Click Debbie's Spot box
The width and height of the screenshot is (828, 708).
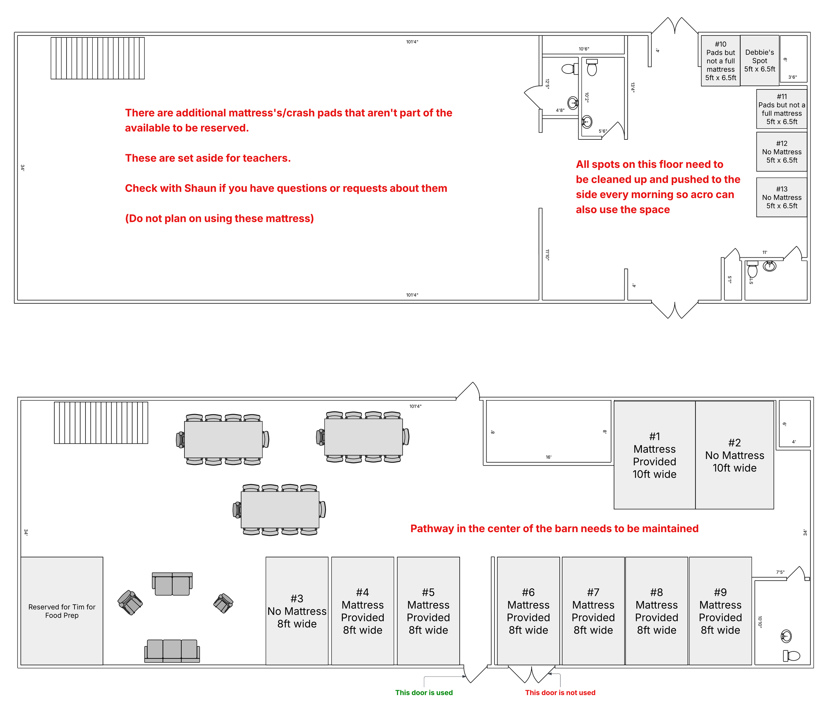point(759,60)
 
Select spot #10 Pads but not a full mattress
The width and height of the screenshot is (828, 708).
point(720,61)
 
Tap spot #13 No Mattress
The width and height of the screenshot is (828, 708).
point(781,197)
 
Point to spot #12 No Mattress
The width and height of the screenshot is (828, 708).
point(781,152)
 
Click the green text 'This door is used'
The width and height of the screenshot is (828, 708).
point(424,692)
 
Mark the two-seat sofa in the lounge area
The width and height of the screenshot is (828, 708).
point(172,584)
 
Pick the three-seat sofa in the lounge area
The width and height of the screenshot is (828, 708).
point(172,650)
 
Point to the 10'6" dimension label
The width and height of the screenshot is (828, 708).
point(584,49)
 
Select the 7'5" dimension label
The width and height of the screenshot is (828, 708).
point(780,572)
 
